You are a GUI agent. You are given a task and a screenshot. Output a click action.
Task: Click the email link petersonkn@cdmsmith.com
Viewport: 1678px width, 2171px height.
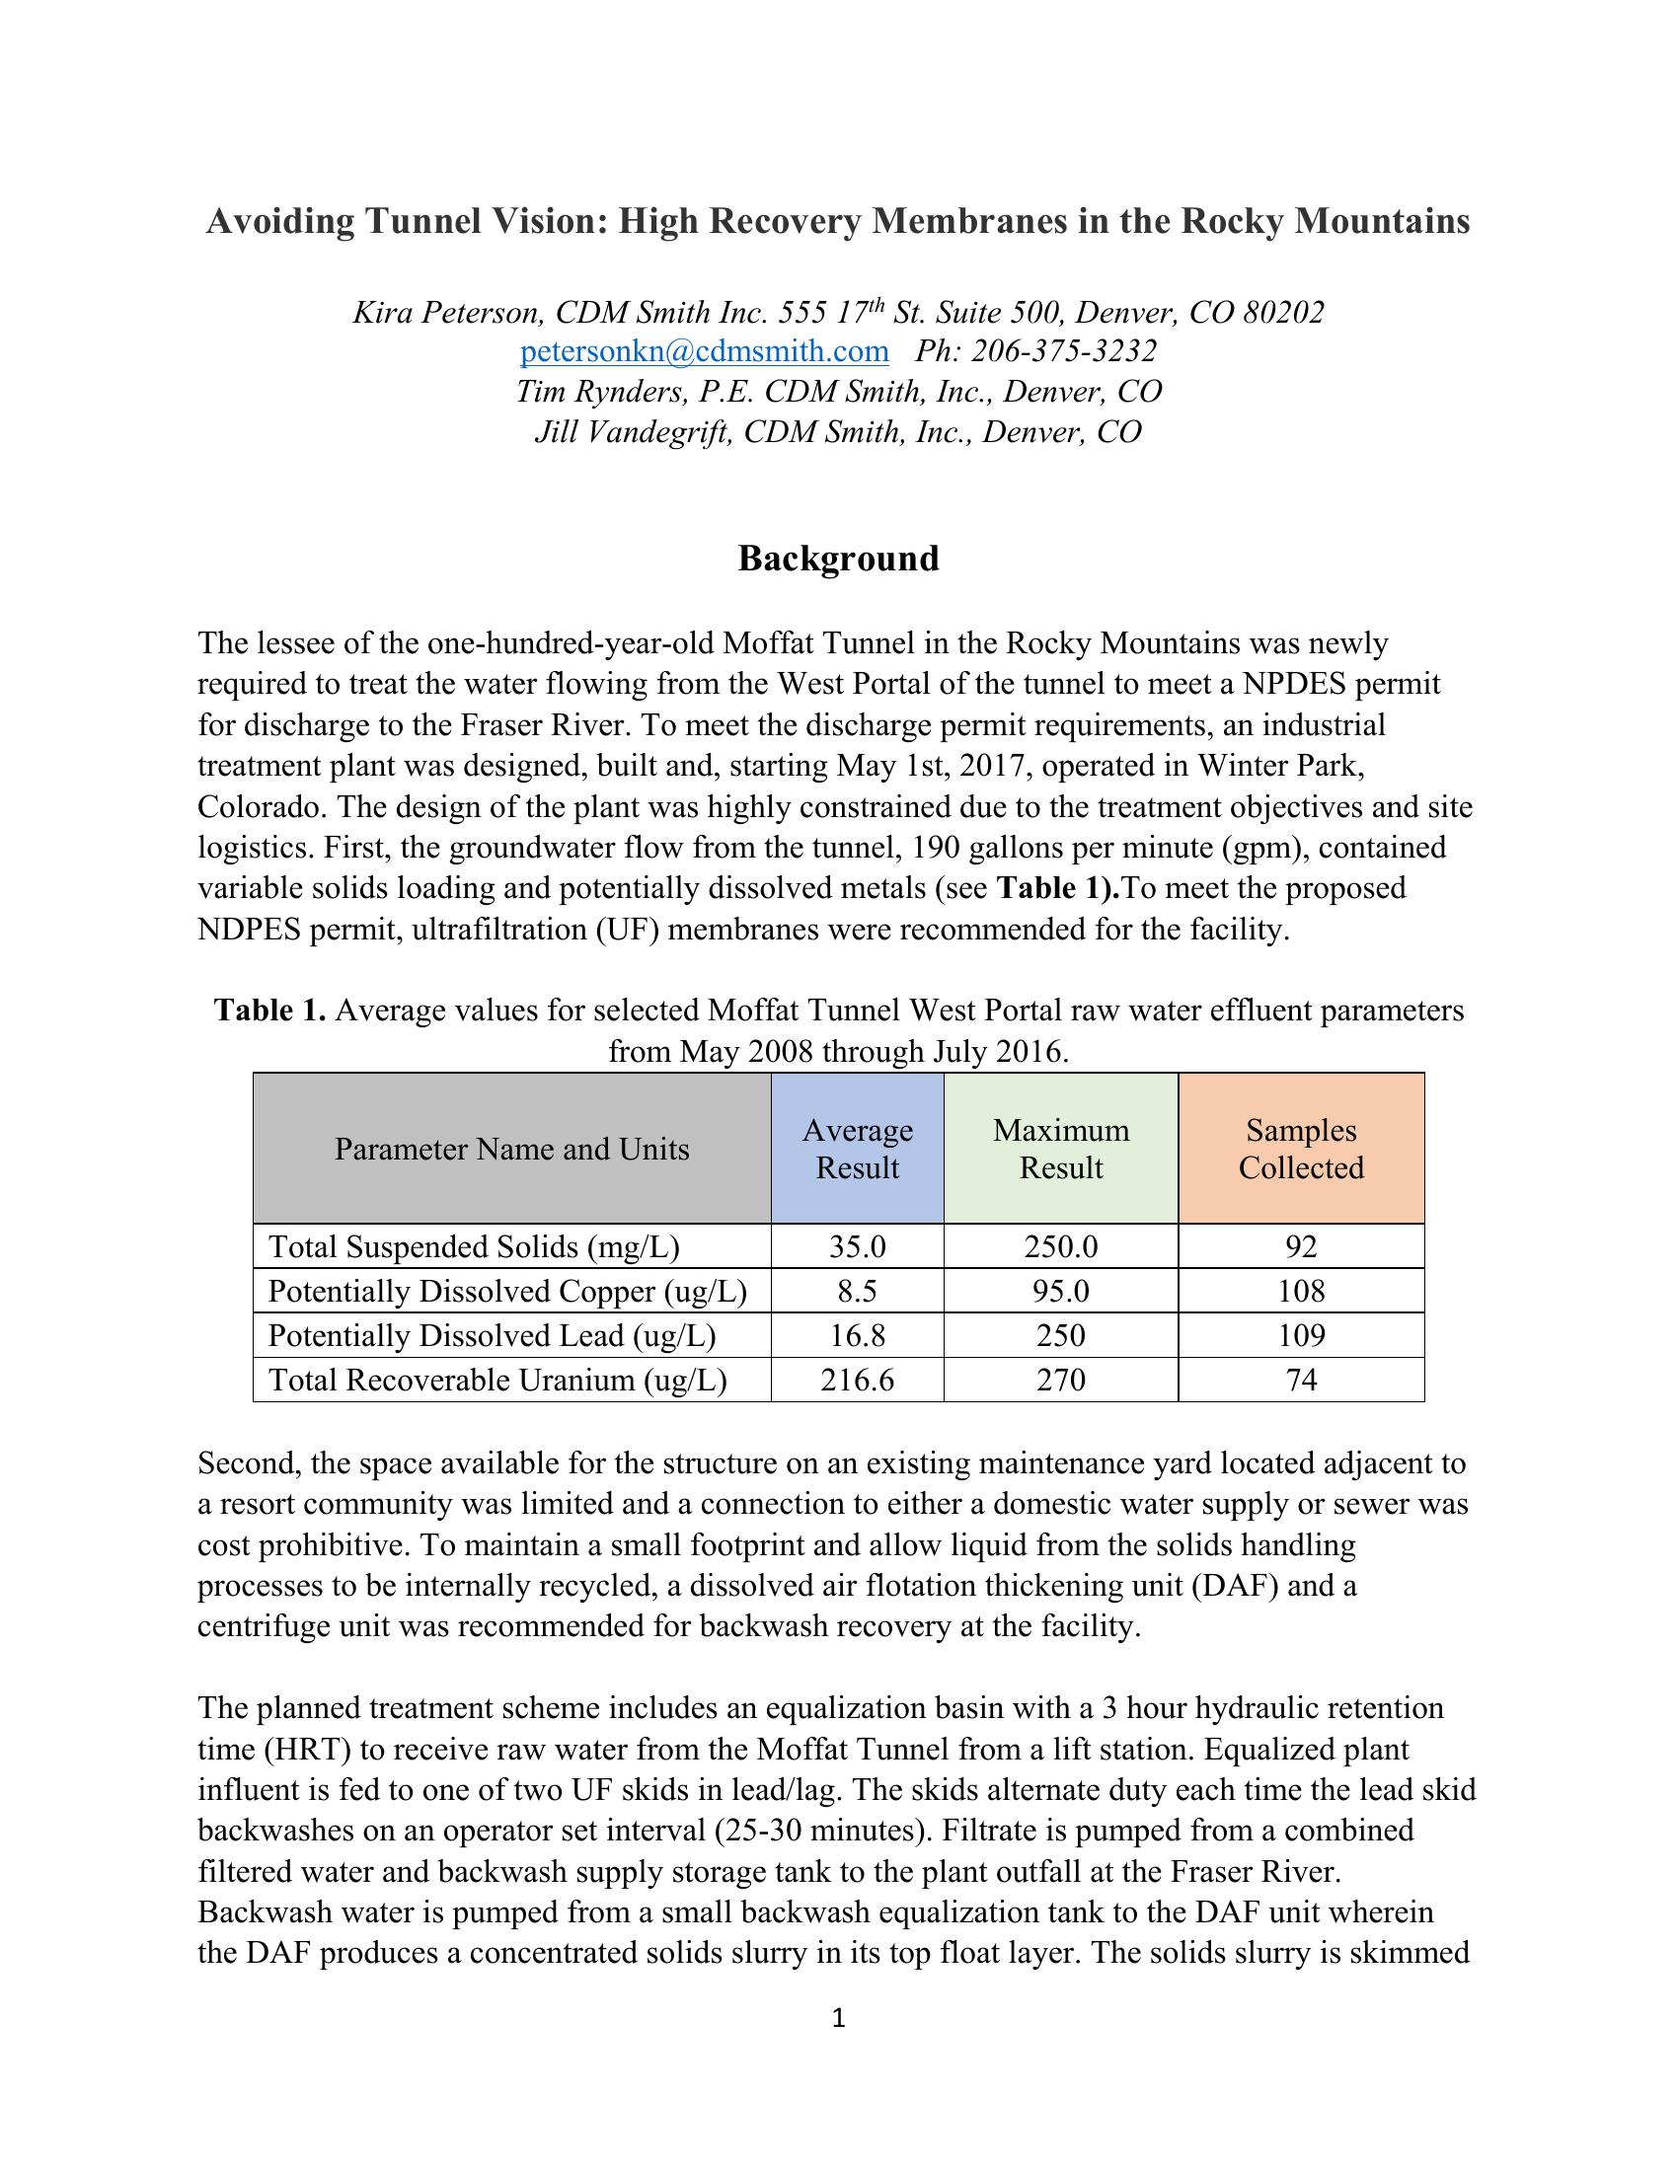click(704, 351)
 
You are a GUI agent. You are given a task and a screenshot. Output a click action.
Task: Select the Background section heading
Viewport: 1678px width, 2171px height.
click(838, 559)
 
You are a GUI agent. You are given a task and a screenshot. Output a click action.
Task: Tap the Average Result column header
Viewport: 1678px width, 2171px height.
click(857, 1148)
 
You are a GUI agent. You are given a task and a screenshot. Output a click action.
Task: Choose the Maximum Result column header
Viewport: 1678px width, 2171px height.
click(1061, 1148)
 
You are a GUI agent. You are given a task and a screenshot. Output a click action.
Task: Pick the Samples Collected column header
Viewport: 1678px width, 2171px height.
click(1300, 1148)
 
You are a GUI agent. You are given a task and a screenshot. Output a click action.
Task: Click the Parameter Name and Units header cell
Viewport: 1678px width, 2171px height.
click(511, 1149)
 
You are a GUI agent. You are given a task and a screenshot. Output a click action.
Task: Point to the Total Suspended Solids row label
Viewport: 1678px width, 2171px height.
click(474, 1246)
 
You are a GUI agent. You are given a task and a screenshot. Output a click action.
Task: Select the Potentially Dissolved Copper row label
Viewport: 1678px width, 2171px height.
click(507, 1292)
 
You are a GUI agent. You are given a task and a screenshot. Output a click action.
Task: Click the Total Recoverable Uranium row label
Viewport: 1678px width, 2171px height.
click(497, 1380)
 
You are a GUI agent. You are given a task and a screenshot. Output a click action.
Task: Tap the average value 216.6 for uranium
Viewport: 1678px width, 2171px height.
click(857, 1380)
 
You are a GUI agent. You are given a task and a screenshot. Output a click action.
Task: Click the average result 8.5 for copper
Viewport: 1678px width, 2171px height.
click(857, 1292)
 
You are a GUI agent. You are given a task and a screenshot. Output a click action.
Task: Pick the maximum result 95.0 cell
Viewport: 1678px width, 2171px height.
click(1061, 1292)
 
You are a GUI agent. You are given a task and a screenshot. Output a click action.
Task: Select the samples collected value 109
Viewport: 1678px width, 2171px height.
click(1300, 1335)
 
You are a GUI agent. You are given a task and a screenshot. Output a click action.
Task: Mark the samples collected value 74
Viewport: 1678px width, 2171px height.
click(1300, 1380)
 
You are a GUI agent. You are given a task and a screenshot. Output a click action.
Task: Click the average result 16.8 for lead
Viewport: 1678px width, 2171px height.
click(857, 1335)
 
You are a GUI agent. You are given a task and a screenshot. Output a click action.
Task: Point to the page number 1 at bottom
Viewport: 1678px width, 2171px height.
click(838, 2018)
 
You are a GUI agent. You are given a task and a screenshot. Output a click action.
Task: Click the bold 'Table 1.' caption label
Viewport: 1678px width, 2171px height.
click(270, 1011)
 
